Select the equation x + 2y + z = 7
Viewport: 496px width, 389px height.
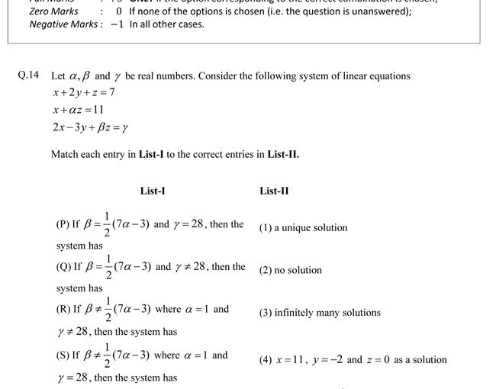tap(84, 93)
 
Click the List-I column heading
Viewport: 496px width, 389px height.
tap(153, 191)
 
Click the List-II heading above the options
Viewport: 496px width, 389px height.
tap(274, 191)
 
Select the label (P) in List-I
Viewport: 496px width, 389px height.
tap(63, 225)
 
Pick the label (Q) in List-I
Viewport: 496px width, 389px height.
tap(63, 268)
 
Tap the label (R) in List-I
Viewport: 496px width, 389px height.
tap(63, 310)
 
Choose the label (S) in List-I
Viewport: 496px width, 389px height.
tap(63, 355)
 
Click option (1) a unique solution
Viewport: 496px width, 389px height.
tap(303, 227)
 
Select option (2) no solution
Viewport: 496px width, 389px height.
tap(291, 270)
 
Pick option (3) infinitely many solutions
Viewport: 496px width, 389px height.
tap(320, 313)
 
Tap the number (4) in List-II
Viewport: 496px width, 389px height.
tap(265, 360)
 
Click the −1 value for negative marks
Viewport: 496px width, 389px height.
tap(117, 24)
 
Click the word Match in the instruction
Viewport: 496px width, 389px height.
tap(65, 154)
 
